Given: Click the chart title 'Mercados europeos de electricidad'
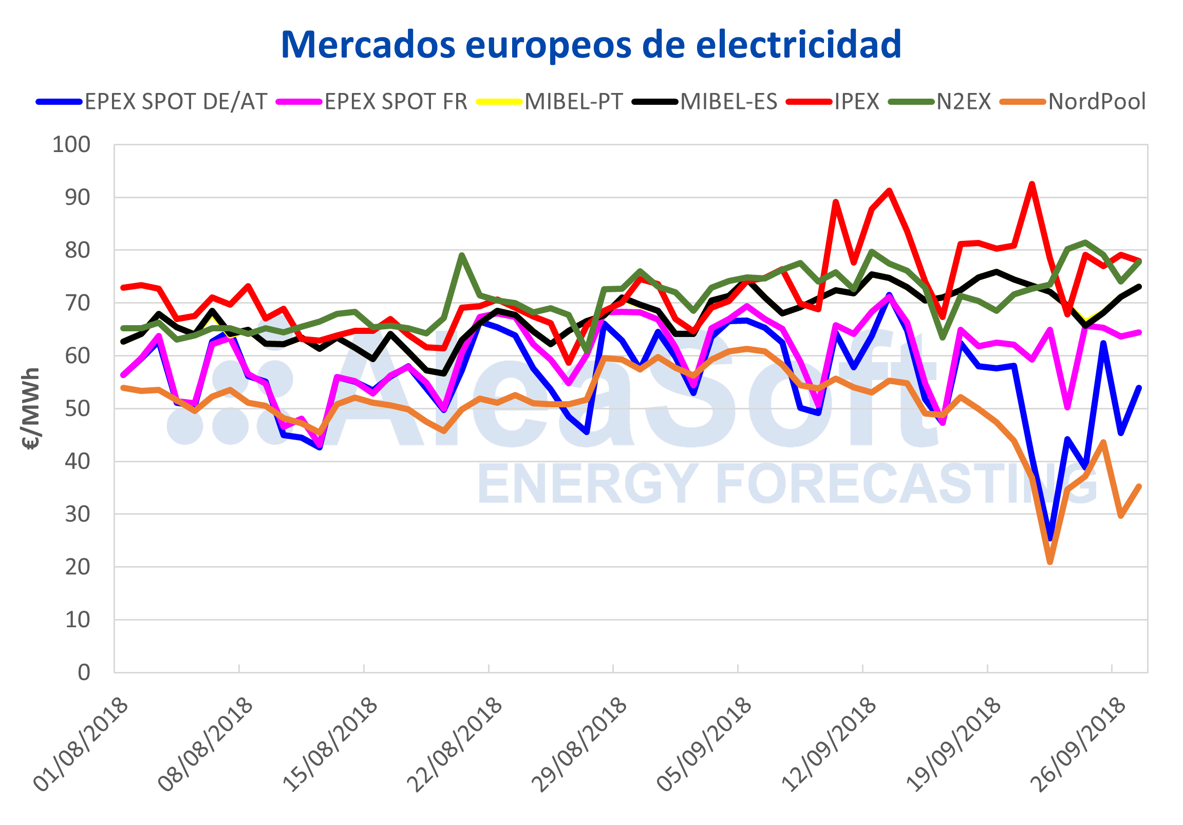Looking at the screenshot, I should (591, 45).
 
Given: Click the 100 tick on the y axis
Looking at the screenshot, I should (71, 145).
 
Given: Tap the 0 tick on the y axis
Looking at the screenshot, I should (84, 672).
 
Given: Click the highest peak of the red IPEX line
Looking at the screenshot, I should (1032, 184).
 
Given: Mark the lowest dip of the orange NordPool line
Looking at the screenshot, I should (1050, 562).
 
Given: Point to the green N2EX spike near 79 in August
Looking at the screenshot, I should (462, 255).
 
